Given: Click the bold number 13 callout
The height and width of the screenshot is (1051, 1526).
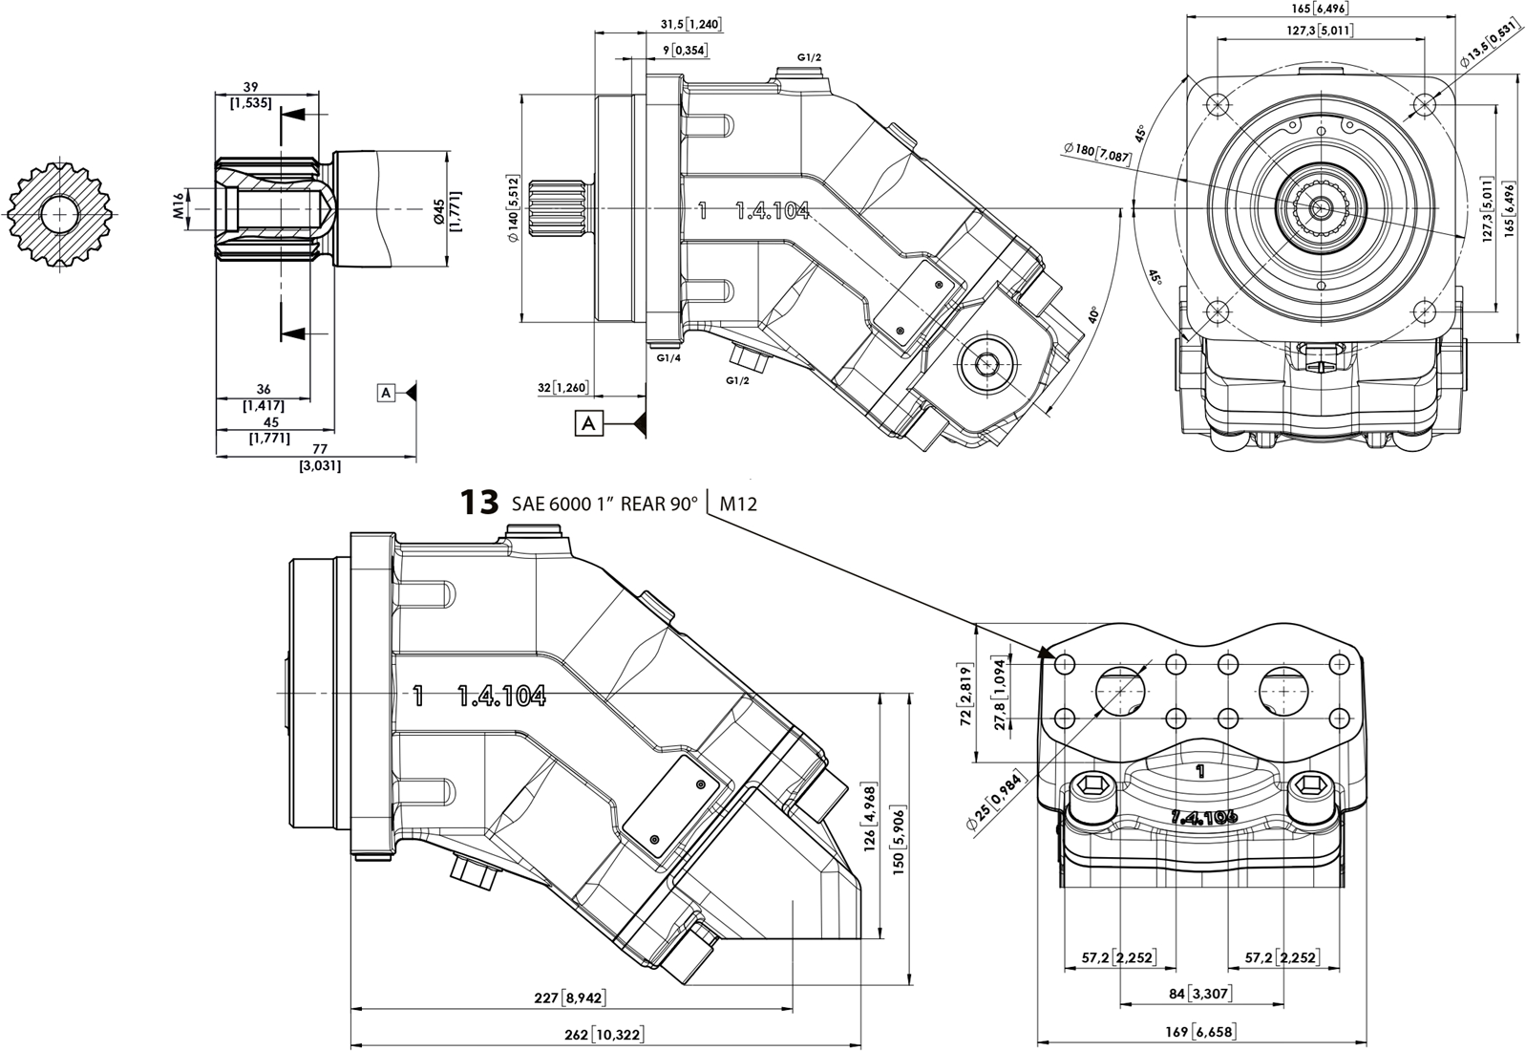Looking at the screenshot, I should (x=479, y=503).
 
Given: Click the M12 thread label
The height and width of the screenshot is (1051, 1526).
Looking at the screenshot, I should (x=738, y=504).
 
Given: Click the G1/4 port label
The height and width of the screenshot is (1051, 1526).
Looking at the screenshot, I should (x=668, y=357).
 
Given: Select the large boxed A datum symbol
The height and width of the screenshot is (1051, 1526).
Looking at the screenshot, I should (x=589, y=422).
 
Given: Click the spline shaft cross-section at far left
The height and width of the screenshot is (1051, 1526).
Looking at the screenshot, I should (x=60, y=213).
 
